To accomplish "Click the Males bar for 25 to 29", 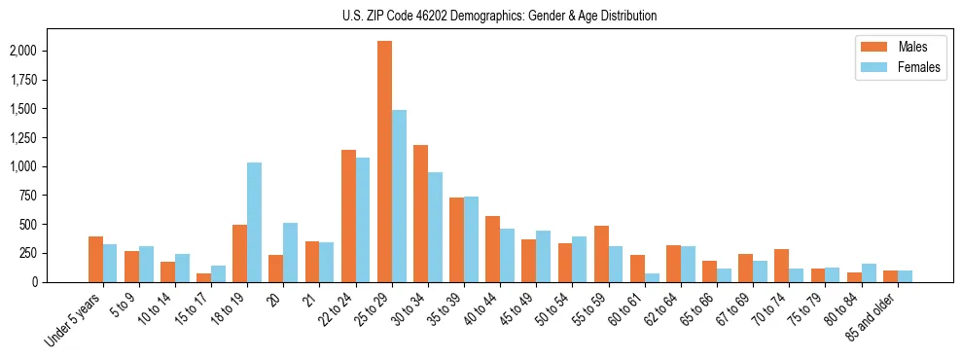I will tap(385, 162).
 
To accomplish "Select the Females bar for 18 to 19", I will tap(255, 222).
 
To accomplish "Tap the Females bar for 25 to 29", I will tap(399, 196).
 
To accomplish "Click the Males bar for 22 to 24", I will tap(348, 216).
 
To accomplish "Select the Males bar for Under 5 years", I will tap(95, 259).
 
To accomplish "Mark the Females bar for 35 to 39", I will tap(471, 239).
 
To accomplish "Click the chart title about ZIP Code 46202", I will tap(500, 16).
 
